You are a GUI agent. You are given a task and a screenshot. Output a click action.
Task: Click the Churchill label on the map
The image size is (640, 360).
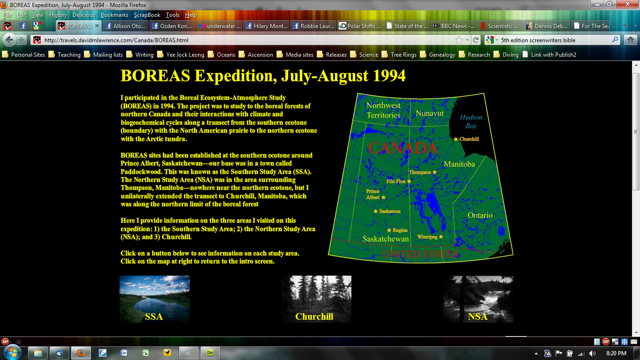coord(469,139)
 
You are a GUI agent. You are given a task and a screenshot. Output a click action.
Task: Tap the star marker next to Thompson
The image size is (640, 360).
coord(434,172)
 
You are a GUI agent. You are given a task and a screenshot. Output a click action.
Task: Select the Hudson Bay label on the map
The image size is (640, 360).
coord(471,121)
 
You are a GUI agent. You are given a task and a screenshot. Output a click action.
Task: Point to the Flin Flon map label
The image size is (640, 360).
coord(395,181)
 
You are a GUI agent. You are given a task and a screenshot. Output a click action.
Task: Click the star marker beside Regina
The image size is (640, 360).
coord(389,230)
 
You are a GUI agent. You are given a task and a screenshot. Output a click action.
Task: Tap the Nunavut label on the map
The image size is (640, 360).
coord(430,113)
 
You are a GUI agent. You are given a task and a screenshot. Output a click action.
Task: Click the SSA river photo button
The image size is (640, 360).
coord(154,299)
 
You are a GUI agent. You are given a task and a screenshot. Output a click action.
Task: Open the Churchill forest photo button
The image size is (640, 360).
coord(316,299)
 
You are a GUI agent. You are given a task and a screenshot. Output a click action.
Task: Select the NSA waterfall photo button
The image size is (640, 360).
coord(477,299)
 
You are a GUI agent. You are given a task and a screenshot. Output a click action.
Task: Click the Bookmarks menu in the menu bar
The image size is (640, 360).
coord(114,15)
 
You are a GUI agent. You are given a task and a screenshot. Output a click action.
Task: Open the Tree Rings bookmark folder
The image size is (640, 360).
coord(403,55)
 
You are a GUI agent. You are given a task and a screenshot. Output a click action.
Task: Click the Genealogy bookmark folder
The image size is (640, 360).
coord(442,55)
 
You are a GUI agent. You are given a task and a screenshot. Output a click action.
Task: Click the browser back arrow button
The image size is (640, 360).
coord(9,40)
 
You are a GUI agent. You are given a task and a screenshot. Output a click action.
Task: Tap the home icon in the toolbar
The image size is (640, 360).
coord(631,40)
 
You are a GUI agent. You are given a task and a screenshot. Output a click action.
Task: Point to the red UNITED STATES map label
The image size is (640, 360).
coord(420,254)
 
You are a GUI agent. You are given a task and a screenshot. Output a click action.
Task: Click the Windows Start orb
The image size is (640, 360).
coord(11,352)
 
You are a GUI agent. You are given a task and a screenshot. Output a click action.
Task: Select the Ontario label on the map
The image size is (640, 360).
coord(480,215)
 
